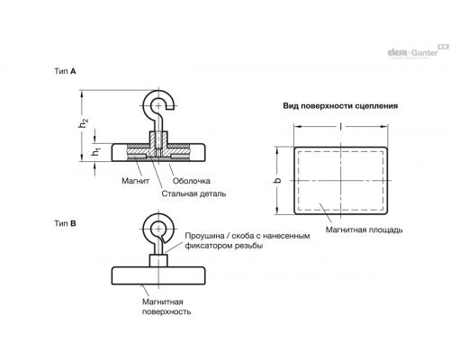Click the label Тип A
[x=65, y=71]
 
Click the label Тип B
[x=65, y=223]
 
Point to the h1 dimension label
[x=96, y=152]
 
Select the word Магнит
[x=135, y=181]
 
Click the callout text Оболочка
[x=192, y=181]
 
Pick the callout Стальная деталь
[x=193, y=193]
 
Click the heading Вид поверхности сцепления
[x=340, y=106]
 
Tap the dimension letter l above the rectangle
[x=340, y=127]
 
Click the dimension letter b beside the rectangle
[x=278, y=180]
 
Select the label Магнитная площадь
[x=364, y=230]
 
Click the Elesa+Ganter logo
[x=418, y=51]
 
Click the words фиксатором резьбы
[x=224, y=246]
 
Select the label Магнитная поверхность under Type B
[x=166, y=307]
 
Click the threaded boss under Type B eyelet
[x=158, y=260]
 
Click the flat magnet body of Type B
[x=158, y=275]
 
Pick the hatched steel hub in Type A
[x=158, y=143]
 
